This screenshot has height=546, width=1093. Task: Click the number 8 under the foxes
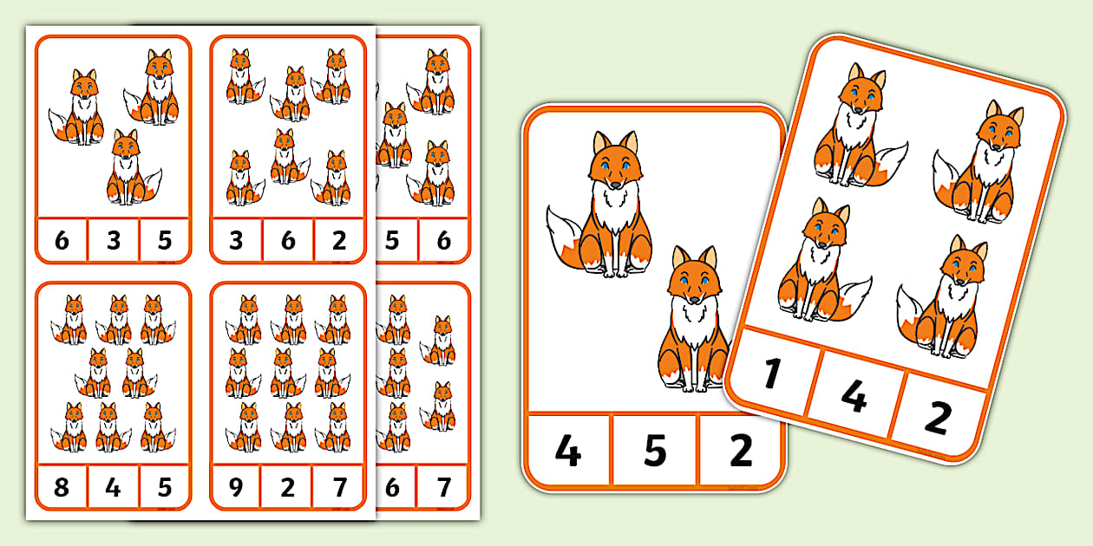(x=62, y=487)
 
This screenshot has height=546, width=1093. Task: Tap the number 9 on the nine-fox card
(x=236, y=487)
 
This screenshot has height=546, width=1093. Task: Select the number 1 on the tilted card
(x=771, y=374)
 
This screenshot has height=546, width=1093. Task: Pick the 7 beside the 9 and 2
(x=340, y=487)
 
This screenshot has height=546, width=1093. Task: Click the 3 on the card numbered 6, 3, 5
(x=114, y=240)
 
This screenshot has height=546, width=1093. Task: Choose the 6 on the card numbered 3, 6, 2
(x=288, y=240)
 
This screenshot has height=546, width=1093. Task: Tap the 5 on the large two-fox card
(x=655, y=451)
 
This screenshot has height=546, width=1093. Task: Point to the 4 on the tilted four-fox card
(x=854, y=396)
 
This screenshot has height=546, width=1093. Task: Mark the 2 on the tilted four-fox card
(x=938, y=418)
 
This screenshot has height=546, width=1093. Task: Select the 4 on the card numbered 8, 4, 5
(x=113, y=487)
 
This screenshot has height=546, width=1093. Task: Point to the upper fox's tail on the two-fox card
(x=565, y=239)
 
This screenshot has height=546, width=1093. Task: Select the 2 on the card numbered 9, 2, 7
(x=288, y=487)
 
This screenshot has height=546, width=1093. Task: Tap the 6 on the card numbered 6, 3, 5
(x=62, y=240)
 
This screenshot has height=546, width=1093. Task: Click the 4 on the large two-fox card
(x=568, y=451)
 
